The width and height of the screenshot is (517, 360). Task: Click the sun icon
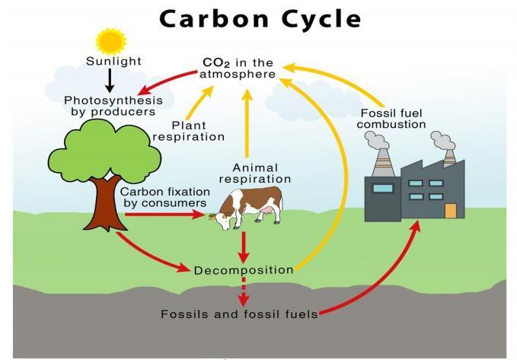click(x=111, y=40)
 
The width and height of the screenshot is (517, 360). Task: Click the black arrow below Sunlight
click(x=110, y=80)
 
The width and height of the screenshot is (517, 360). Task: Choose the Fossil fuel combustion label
click(x=392, y=119)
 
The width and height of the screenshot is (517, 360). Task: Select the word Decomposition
click(x=243, y=270)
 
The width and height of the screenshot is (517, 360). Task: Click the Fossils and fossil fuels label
click(x=238, y=314)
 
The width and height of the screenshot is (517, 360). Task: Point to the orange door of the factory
click(x=450, y=210)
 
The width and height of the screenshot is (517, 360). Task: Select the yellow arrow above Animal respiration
click(x=246, y=122)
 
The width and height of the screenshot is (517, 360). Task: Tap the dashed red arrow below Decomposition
click(x=243, y=292)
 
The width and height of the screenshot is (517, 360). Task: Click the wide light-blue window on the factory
click(x=383, y=187)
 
